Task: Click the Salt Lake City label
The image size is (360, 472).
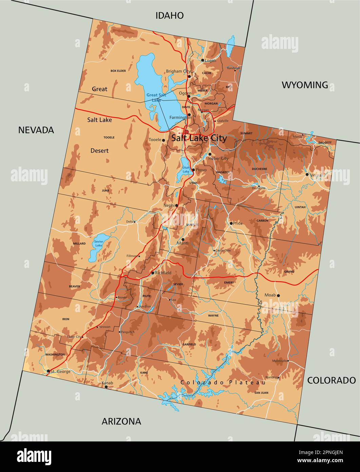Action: pos(199,138)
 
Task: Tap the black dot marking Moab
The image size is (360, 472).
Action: pos(278,295)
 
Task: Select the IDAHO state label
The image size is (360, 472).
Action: pos(170,15)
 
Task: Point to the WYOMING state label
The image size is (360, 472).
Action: pos(305,85)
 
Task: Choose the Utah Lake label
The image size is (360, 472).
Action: pos(186,169)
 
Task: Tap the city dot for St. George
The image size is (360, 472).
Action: pos(49,371)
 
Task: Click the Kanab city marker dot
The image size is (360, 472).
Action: pos(106,387)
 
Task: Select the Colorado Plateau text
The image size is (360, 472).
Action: pos(223,383)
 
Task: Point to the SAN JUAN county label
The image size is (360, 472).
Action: pos(261,393)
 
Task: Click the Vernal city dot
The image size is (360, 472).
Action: pos(307,175)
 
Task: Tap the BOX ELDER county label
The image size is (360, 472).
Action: pos(118,71)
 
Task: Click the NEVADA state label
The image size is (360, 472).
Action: pos(36,130)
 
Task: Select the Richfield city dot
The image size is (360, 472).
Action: pos(153,273)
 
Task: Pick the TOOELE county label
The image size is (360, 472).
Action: pos(109,138)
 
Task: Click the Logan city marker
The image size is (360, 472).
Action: pos(203,60)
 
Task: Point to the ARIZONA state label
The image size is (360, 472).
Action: pos(121,421)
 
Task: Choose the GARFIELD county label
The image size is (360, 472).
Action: pos(189,344)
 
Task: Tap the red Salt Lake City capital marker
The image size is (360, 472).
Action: pos(186,132)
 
